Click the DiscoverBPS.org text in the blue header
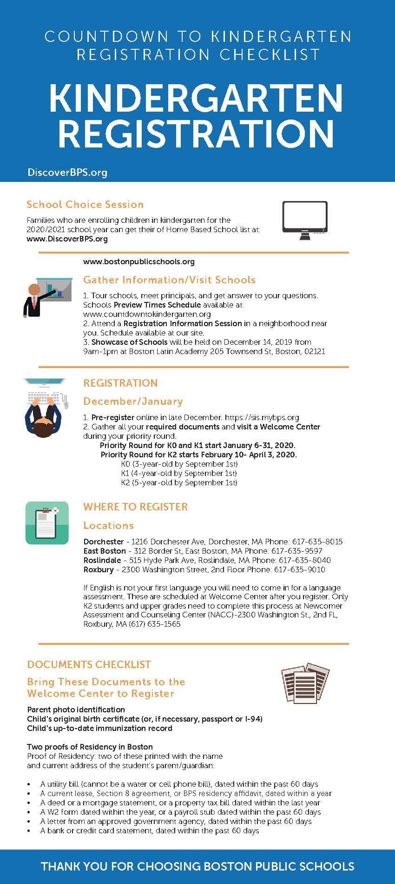tap(67, 173)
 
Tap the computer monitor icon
tap(305, 220)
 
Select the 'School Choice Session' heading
tap(85, 205)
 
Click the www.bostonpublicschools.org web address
tap(139, 262)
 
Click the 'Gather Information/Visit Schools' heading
tap(169, 280)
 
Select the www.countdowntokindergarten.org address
tap(147, 314)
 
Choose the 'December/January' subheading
tap(133, 402)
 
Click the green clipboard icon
tap(47, 522)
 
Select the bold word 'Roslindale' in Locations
tap(102, 560)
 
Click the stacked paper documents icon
tap(305, 682)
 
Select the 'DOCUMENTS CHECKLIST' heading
tap(89, 664)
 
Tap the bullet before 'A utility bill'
tap(29, 784)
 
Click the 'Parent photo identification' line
tap(76, 710)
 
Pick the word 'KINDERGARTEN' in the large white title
tap(196, 98)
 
